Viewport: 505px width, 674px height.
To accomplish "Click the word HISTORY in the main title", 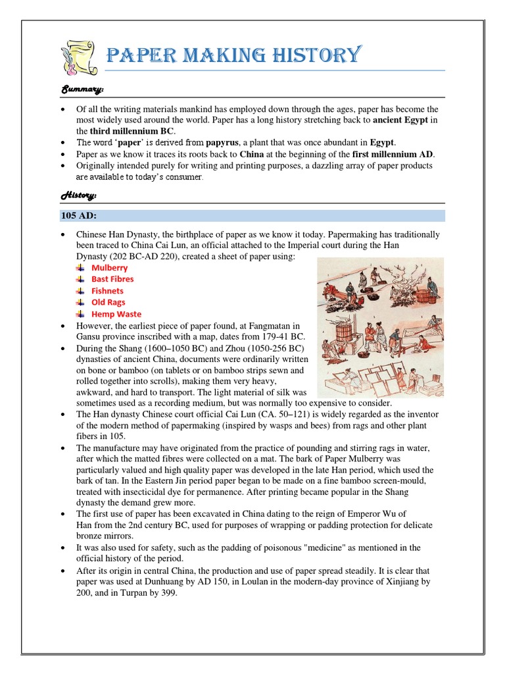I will coord(316,55).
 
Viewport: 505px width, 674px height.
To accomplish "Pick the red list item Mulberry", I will coord(110,268).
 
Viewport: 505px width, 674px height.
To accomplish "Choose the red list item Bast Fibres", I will coord(112,279).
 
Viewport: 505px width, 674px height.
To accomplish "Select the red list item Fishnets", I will coord(107,291).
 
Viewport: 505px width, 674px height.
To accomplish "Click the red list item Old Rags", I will coord(108,302).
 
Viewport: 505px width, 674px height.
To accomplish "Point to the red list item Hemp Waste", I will coord(116,314).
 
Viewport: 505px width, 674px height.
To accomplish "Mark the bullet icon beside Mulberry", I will coord(80,268).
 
